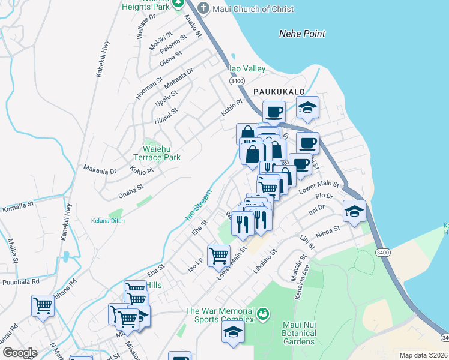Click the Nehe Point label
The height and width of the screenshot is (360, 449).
pos(302,34)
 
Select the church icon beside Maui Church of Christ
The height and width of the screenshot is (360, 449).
pos(203,8)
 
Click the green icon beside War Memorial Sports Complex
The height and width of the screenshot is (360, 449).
pos(262,313)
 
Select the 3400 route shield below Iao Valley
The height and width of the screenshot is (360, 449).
pos(237,81)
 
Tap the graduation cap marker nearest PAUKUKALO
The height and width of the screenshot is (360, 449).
pos(308,109)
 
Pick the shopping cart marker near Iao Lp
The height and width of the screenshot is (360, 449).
pos(219,256)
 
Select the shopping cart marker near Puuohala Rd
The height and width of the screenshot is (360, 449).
pos(43,306)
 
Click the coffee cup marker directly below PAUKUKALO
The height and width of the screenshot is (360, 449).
pos(274,112)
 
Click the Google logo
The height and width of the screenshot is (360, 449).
pos(20,353)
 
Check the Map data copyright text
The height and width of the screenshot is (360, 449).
pos(423,355)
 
